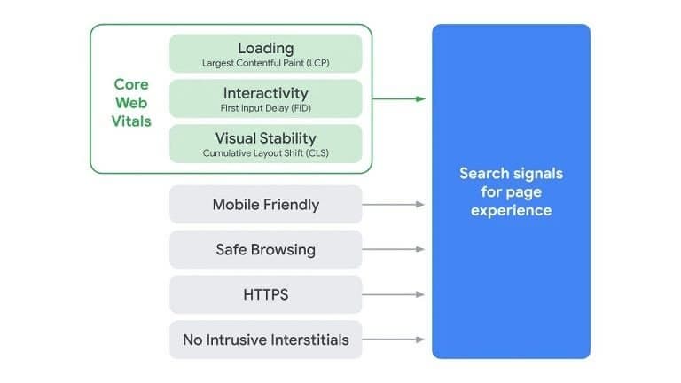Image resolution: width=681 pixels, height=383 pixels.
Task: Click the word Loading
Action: click(x=265, y=48)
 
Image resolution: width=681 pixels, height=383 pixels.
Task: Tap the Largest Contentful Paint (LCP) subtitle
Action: click(x=265, y=63)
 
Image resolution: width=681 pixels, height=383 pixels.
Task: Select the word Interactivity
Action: click(x=265, y=92)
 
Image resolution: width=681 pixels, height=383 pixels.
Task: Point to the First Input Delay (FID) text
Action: click(x=265, y=107)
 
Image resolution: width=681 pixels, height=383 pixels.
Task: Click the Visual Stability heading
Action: click(x=265, y=138)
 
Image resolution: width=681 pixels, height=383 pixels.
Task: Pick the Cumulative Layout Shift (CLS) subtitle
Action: click(x=265, y=153)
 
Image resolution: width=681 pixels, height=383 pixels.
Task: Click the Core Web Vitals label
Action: click(x=132, y=103)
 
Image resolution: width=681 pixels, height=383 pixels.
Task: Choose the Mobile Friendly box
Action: click(x=265, y=205)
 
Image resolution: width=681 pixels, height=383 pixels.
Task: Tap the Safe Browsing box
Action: click(x=265, y=250)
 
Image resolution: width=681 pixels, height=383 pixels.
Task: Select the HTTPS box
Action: click(x=265, y=294)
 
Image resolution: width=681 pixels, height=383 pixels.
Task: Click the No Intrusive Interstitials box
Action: click(x=265, y=340)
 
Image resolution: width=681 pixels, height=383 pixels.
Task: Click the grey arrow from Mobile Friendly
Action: click(x=394, y=205)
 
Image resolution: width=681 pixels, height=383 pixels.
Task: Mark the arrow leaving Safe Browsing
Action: click(x=394, y=250)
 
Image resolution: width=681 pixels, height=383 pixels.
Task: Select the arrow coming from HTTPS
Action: click(x=394, y=294)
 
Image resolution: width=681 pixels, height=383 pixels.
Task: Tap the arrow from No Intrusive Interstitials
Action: click(x=394, y=340)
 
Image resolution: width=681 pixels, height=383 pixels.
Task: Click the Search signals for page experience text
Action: click(x=511, y=191)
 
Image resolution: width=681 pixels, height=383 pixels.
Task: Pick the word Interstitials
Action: click(x=306, y=340)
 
